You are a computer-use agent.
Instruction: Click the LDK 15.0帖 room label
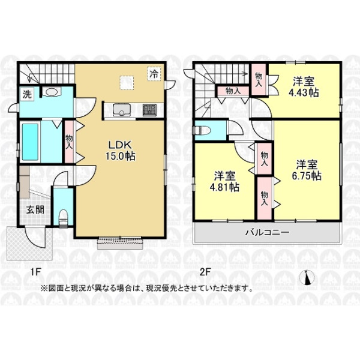[x=120, y=151]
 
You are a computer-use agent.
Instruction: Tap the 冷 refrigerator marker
[x=154, y=73]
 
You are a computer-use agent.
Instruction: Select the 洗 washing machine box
[x=27, y=94]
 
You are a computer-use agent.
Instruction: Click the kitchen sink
[x=122, y=110]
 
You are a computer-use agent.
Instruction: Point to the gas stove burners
[x=149, y=110]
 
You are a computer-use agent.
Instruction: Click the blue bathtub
[x=30, y=142]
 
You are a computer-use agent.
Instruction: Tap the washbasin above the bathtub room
[x=52, y=92]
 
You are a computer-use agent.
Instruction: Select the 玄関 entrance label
[x=35, y=210]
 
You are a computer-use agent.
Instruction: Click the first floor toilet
[x=64, y=218]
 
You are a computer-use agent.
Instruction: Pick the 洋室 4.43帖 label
[x=304, y=87]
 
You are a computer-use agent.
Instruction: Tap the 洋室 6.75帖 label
[x=307, y=170]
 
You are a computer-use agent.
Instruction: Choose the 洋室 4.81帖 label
[x=224, y=181]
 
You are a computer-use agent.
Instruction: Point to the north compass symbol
[x=307, y=278]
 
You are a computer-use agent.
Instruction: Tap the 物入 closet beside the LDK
[x=69, y=142]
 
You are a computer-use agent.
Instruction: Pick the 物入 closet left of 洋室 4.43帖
[x=259, y=79]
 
